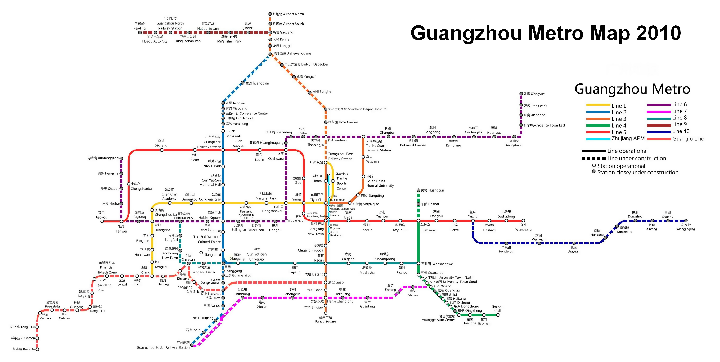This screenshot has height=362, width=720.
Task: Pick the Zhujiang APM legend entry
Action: tap(615, 139)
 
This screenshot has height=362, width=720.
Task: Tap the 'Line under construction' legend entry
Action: tap(623, 159)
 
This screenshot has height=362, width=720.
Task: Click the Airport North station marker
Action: tap(270, 14)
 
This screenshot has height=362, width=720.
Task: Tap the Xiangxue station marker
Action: tap(521, 94)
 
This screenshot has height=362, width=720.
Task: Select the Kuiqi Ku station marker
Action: tap(37, 349)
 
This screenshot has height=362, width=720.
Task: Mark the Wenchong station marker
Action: tap(523, 220)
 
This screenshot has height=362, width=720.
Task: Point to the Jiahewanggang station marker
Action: tap(270, 54)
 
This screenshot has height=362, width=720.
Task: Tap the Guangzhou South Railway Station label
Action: tap(163, 347)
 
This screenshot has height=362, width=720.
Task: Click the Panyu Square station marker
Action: tap(325, 313)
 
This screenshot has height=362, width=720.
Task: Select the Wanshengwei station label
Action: tap(437, 264)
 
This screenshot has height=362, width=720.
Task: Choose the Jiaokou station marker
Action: tap(102, 221)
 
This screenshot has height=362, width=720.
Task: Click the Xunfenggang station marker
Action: tap(121, 159)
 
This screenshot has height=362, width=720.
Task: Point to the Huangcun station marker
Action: tap(418, 190)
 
